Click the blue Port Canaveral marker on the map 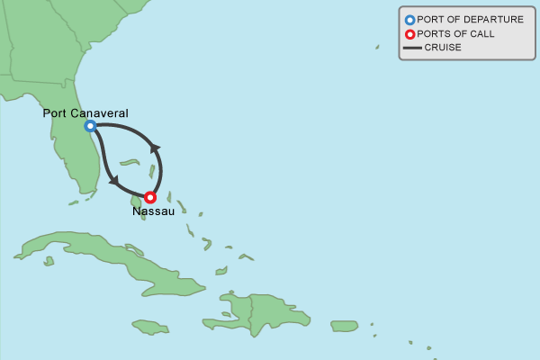(x=90, y=126)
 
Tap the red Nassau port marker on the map (x=150, y=197)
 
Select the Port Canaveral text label (x=85, y=113)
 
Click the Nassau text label (x=153, y=211)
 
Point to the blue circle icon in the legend (x=409, y=20)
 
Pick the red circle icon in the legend (x=409, y=34)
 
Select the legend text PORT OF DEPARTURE (x=470, y=20)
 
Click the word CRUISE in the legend (x=443, y=48)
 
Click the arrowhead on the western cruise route (x=113, y=180)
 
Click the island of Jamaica (x=150, y=326)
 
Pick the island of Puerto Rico (x=344, y=326)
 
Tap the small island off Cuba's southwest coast (x=49, y=261)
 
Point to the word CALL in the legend (x=481, y=34)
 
